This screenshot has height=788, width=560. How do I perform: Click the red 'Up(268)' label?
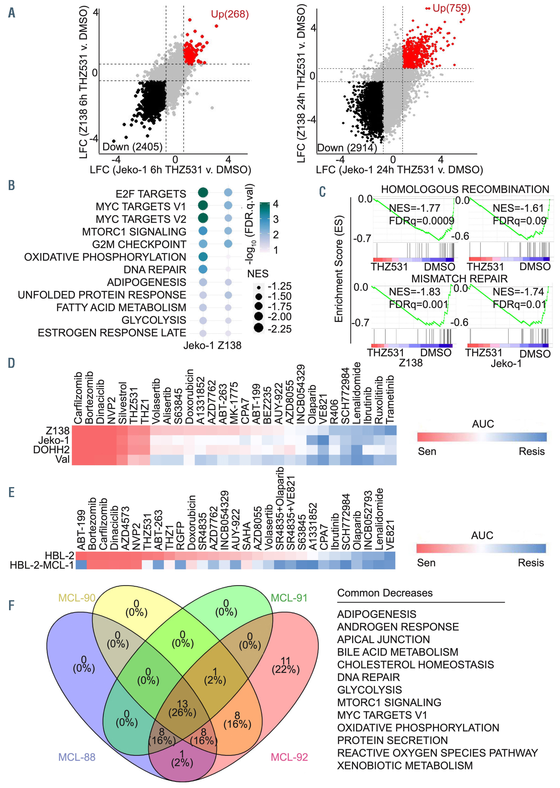[230, 14]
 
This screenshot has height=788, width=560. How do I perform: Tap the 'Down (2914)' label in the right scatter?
[346, 148]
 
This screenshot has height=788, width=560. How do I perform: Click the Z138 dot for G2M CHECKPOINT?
[228, 244]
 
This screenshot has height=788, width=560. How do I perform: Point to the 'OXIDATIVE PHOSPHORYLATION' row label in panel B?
[105, 257]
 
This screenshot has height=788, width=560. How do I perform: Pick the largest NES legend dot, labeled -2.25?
[259, 328]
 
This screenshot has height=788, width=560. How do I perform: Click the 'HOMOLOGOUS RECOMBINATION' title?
[465, 189]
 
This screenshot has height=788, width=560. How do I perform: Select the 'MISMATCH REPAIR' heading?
[459, 278]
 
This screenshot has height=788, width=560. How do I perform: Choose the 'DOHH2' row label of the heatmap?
[51, 450]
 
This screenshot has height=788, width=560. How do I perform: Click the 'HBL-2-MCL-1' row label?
[42, 565]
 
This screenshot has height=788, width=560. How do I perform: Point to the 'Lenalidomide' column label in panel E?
[379, 519]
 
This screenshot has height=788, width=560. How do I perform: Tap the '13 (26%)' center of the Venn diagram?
[182, 708]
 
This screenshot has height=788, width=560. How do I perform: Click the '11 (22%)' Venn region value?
[286, 665]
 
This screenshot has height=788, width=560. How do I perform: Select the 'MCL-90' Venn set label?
[77, 598]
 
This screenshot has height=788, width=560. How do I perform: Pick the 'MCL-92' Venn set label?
[289, 757]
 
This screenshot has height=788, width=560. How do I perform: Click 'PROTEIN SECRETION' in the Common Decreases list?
[392, 740]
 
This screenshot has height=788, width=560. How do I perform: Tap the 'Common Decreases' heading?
[385, 593]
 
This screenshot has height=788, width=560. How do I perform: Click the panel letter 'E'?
[11, 492]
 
